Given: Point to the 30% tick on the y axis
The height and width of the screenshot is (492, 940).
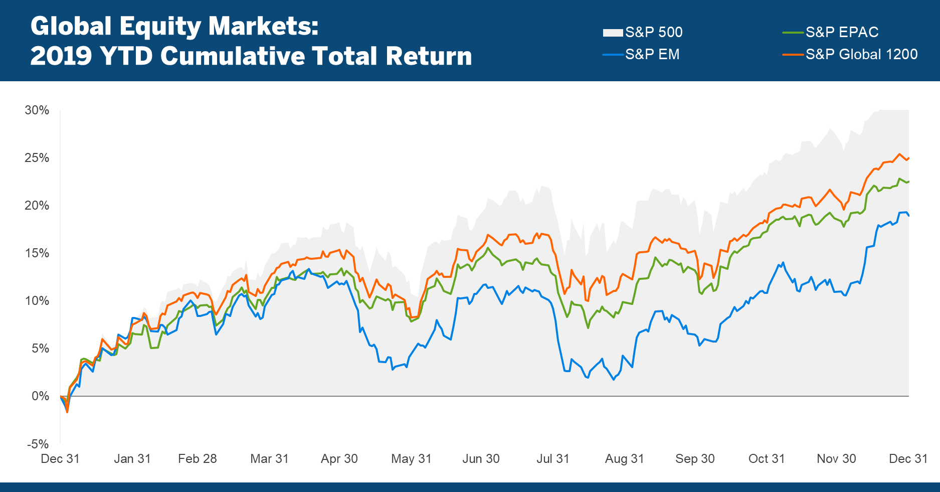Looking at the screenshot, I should (x=37, y=110).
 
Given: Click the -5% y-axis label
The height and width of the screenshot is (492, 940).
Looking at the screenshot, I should (x=38, y=444).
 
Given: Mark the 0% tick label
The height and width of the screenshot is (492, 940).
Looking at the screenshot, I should (x=40, y=396).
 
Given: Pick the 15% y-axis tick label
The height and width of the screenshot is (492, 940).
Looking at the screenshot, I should (x=37, y=253).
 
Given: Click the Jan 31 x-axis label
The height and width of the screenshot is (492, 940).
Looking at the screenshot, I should (x=132, y=459).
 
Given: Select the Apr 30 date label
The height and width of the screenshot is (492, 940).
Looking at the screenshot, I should (x=339, y=459).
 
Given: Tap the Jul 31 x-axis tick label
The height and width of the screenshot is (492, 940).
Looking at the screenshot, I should (x=553, y=459).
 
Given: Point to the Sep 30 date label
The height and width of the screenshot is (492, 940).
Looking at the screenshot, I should (x=695, y=459).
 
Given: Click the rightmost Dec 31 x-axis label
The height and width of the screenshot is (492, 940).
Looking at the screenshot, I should (x=908, y=459).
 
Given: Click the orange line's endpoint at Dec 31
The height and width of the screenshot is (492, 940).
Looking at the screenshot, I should (x=908, y=158).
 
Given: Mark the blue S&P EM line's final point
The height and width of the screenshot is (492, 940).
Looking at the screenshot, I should (x=908, y=216).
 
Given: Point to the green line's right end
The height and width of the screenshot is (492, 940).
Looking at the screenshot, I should (x=908, y=182).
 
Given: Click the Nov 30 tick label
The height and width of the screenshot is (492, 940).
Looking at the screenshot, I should (x=836, y=459).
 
